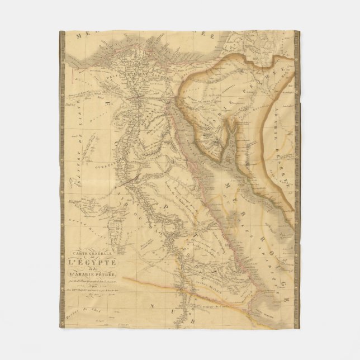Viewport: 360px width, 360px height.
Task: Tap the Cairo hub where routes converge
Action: point(136,99)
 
